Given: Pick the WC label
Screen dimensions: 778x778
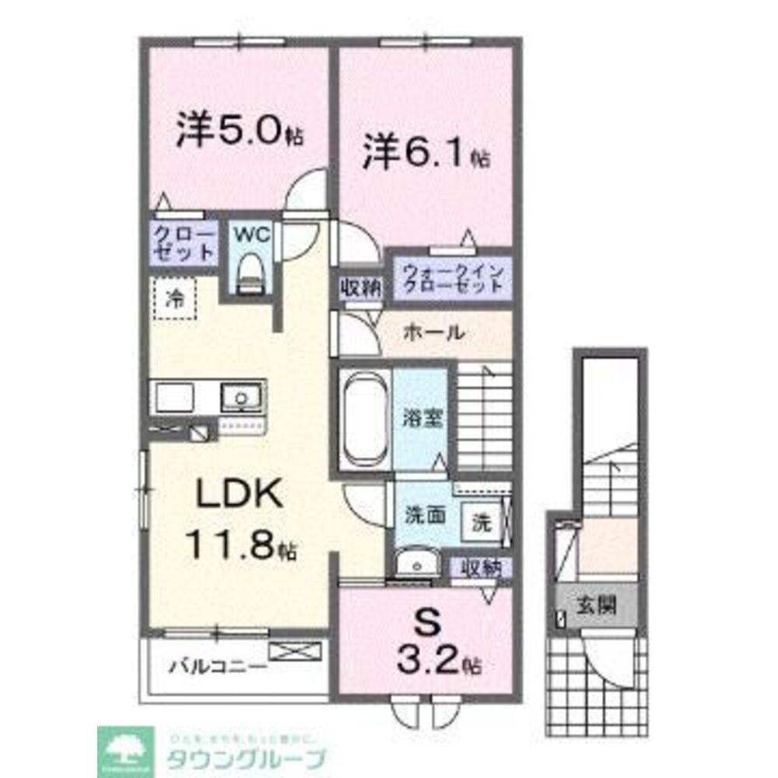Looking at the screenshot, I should click(251, 235).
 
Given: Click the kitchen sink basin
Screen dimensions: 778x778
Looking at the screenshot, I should click(242, 398).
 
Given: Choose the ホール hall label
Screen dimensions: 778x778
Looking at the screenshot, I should click(433, 333).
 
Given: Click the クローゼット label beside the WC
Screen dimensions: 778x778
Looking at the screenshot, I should click(184, 242).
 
